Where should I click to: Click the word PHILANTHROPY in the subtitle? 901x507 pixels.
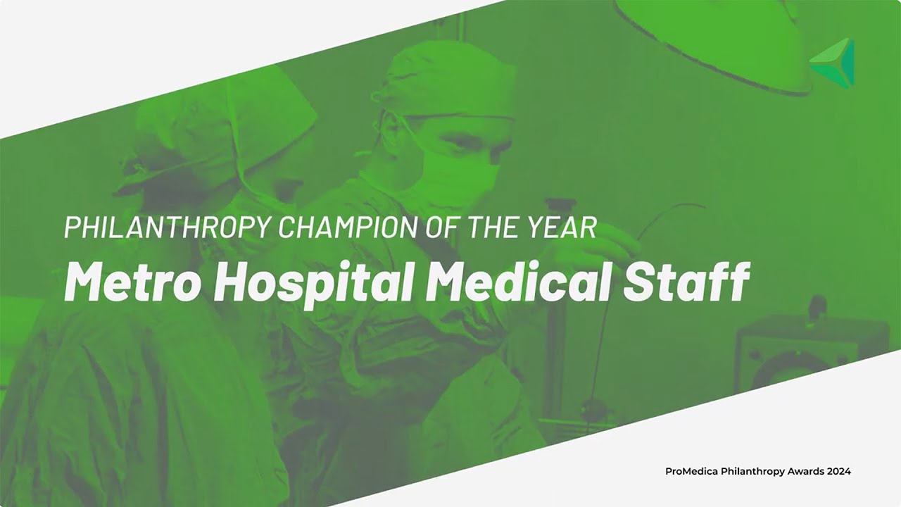point(166,227)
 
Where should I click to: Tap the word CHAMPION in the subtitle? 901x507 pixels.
point(348,227)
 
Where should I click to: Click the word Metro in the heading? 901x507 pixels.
point(132,281)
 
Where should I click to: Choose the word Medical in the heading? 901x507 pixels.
point(519,281)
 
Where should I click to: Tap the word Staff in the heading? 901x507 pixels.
point(686,281)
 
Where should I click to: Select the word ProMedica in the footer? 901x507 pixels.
point(691,471)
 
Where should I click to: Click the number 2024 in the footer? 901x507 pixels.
point(838,471)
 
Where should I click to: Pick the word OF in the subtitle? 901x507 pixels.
point(443,227)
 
